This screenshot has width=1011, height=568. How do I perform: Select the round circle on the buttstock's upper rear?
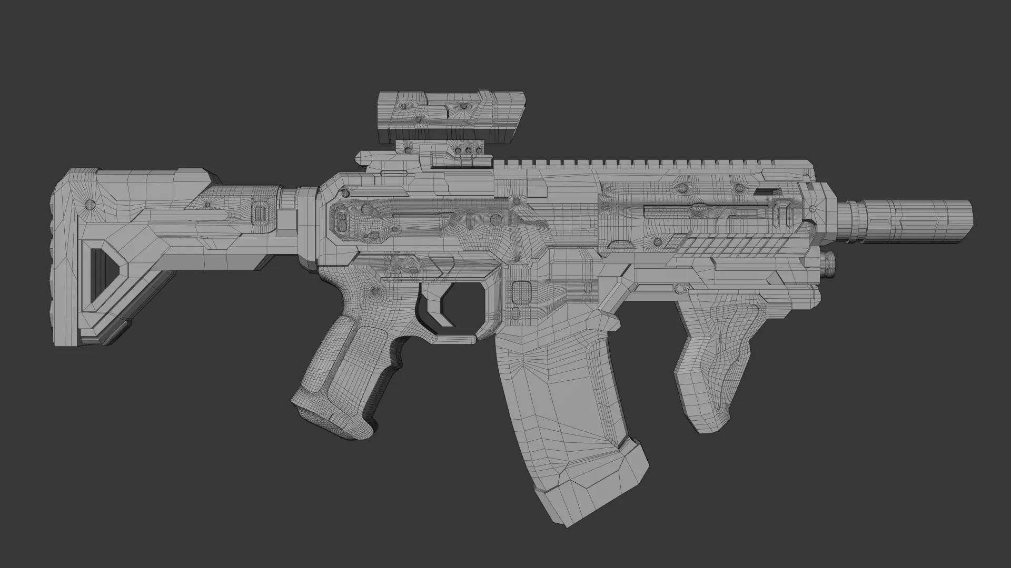point(90,204)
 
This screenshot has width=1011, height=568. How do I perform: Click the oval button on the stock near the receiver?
point(259,213)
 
